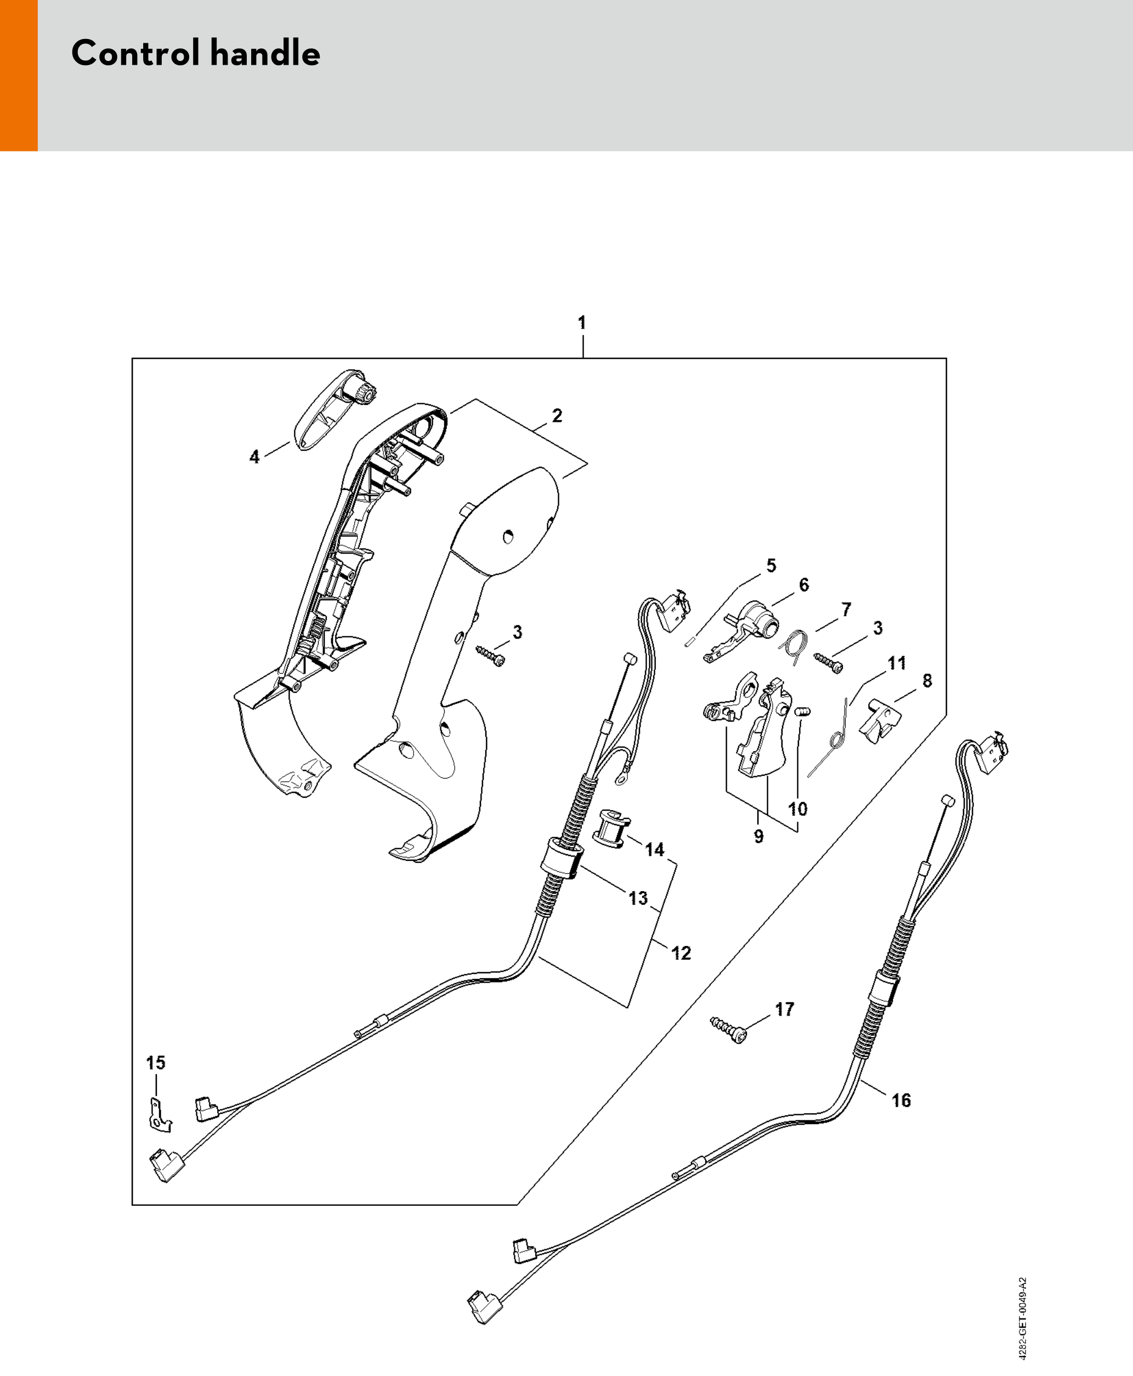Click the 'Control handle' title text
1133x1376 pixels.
coord(195,54)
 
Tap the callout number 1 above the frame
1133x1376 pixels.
coord(581,323)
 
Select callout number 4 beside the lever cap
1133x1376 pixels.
coord(254,457)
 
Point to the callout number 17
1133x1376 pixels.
coord(784,1009)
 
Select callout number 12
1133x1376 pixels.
coord(681,953)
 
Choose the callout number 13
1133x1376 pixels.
coord(638,898)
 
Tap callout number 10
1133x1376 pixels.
coord(797,809)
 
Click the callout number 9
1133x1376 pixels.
coord(758,836)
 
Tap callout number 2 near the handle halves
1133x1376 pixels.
coord(557,416)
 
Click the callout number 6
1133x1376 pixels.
coord(803,585)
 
